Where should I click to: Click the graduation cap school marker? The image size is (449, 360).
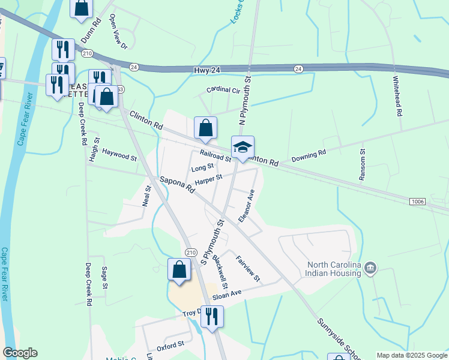coord(243,148)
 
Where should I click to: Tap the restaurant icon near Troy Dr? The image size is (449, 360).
coord(211,317)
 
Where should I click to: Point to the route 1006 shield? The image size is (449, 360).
coord(418,202)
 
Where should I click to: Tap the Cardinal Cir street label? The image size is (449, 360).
coord(223,90)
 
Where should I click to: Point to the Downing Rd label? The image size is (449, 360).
coord(309,156)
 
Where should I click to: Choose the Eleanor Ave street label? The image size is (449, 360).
coord(247,206)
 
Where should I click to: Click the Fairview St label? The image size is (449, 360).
coord(249,269)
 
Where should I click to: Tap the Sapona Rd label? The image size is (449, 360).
coord(178,184)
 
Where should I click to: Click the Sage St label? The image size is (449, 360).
coord(104,278)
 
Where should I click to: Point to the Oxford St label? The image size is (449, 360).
coord(170,346)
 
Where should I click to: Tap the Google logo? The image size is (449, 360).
coord(20,353)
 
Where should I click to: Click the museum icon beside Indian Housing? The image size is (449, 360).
coord(370,266)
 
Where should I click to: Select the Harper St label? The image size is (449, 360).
coord(208,179)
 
